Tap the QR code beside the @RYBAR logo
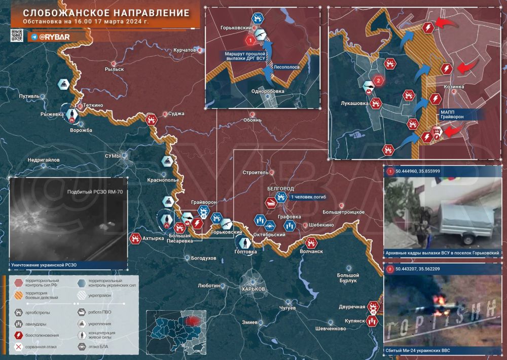[17, 35]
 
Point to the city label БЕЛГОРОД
[280, 188]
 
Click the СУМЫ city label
[113, 156]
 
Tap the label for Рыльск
[114, 69]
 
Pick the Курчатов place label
[185, 50]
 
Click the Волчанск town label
[311, 250]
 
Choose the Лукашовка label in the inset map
[355, 102]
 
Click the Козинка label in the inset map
[454, 87]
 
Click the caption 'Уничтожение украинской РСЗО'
[43, 265]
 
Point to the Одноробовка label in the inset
[267, 91]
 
